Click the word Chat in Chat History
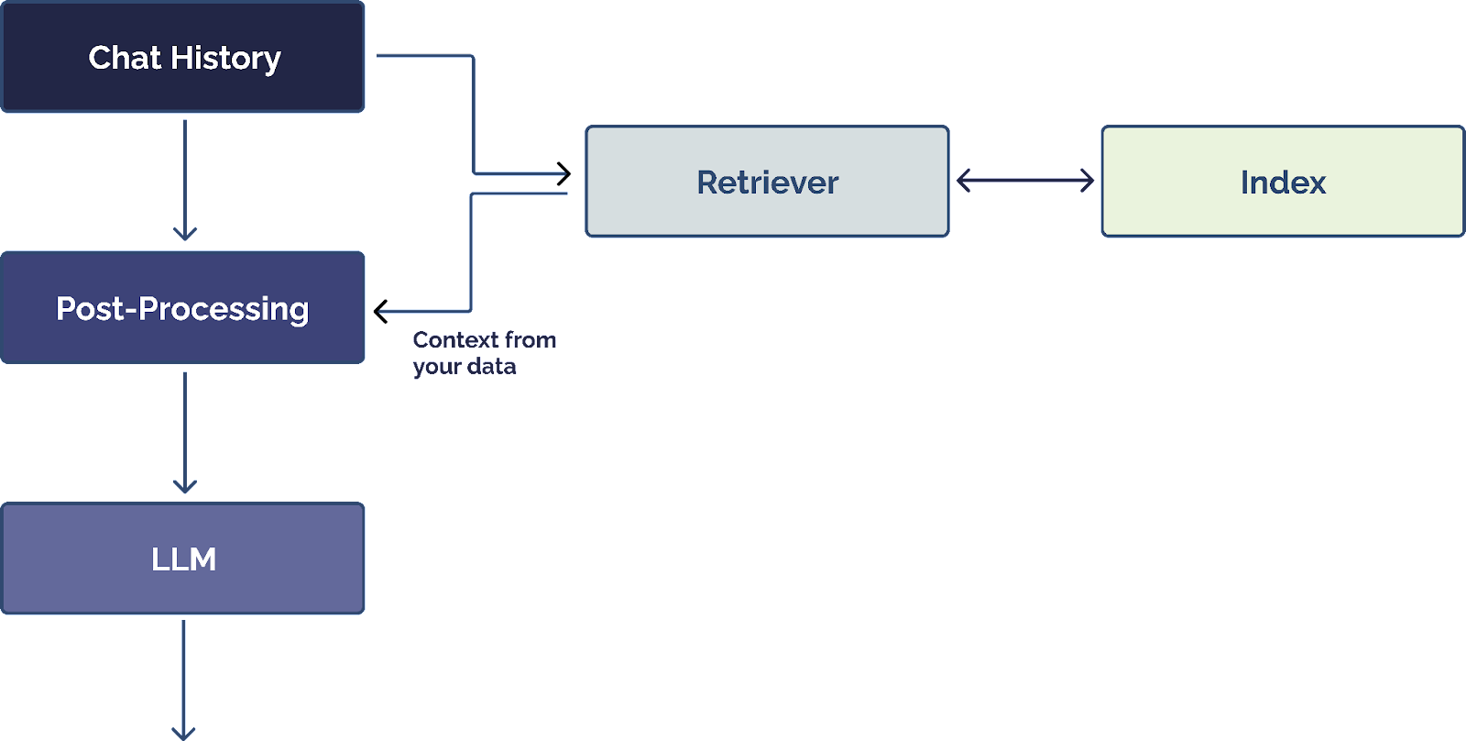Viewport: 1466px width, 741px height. (x=125, y=58)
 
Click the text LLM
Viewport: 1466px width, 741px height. (x=184, y=559)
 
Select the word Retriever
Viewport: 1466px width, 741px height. (x=768, y=182)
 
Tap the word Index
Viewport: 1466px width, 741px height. (x=1283, y=182)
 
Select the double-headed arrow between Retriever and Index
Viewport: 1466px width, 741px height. (x=1024, y=181)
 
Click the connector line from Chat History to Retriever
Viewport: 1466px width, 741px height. (x=473, y=110)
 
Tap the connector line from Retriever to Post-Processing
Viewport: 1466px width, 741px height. (x=471, y=257)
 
